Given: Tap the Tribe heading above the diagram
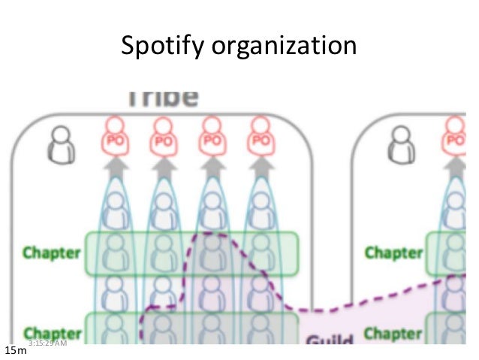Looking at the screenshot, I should [x=162, y=98].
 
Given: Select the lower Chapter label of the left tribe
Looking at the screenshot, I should [x=52, y=331].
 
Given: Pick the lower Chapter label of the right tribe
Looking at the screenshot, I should [x=393, y=331].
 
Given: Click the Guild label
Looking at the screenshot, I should [x=329, y=340].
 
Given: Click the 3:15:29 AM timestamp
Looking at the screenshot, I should [x=47, y=343].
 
